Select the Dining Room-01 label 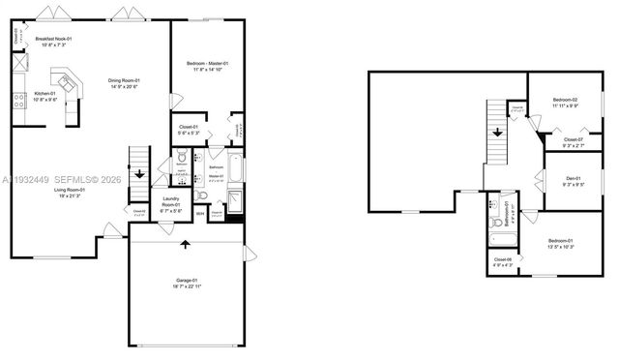point(125,83)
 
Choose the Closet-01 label point(189,129)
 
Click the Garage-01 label point(188,283)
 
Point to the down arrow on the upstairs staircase point(498,134)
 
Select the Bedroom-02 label point(565,104)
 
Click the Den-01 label point(572,180)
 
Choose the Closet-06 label point(503,261)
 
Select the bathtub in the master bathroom point(235,172)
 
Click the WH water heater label point(200,213)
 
